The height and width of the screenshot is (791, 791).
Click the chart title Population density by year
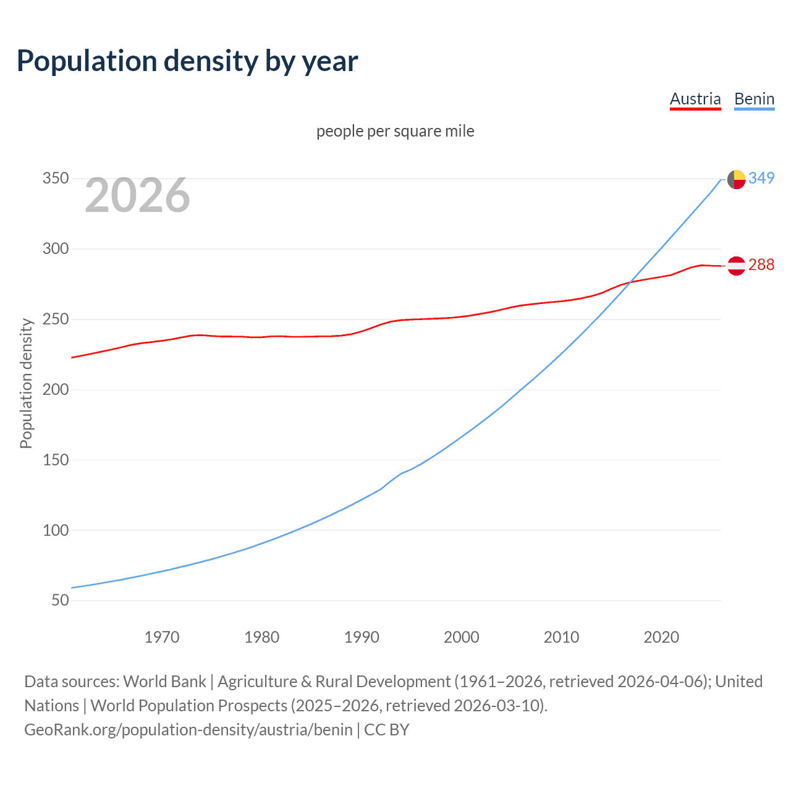(187, 61)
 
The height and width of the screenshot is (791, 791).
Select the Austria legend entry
(695, 99)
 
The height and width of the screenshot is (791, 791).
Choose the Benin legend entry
(754, 99)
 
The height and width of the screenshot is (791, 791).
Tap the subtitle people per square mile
(395, 131)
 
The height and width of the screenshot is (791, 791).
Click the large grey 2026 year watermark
(137, 195)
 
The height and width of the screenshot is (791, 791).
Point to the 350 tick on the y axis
(56, 179)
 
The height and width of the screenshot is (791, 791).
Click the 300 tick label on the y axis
(56, 249)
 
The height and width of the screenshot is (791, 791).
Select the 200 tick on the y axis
(56, 389)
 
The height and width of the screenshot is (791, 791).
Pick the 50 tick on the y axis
(60, 600)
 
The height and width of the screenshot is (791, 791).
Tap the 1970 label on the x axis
(162, 637)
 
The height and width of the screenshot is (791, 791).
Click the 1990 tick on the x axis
(362, 637)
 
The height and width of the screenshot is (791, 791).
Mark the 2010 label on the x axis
(561, 637)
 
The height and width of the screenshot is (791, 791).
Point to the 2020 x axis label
(661, 637)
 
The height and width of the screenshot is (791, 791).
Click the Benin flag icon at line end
(736, 179)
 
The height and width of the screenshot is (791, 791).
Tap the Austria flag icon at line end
(736, 266)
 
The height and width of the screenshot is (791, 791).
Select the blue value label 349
(761, 179)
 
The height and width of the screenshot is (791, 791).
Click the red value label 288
(761, 265)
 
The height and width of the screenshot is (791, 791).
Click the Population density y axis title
(26, 383)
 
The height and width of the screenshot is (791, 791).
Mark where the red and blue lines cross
(629, 283)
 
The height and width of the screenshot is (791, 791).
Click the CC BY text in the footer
(387, 730)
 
